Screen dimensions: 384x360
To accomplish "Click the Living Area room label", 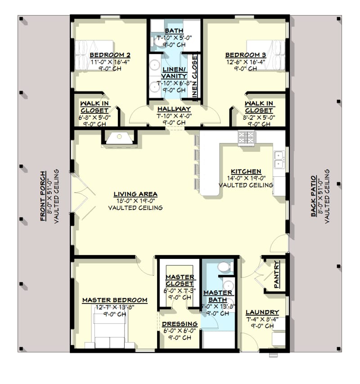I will pos(135,194).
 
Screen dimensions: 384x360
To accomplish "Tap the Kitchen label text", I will pos(246,171).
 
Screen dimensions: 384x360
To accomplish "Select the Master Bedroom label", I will pos(114,300).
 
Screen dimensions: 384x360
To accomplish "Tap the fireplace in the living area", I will pos(120,138).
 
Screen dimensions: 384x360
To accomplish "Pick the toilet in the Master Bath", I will pos(224,268).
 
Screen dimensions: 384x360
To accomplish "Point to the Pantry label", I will pos(277,275).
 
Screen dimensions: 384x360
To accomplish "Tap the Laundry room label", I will pos(262,312).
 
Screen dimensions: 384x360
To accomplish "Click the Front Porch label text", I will pos(43,196).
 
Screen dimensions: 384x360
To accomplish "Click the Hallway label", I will pos(174,109).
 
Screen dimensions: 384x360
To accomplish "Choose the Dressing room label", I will pos(180,324).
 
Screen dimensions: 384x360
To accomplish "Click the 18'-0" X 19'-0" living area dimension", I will pos(135,201).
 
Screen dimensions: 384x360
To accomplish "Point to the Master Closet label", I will pos(180,280).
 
